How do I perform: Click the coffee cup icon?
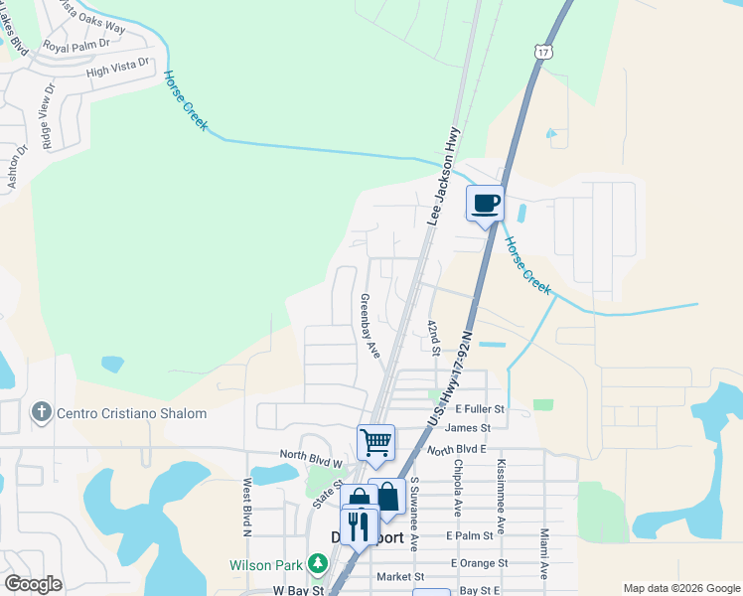(486, 205)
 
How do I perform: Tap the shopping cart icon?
(375, 442)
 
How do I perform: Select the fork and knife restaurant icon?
(359, 525)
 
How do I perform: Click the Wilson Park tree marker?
(318, 565)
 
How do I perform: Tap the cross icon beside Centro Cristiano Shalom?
(42, 412)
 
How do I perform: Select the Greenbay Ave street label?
(370, 327)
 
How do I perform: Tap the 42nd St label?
(433, 337)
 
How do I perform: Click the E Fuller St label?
(480, 408)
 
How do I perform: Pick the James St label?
(469, 428)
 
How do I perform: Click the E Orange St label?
(478, 562)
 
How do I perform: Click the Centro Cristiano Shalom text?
(131, 413)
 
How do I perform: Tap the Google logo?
(34, 584)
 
